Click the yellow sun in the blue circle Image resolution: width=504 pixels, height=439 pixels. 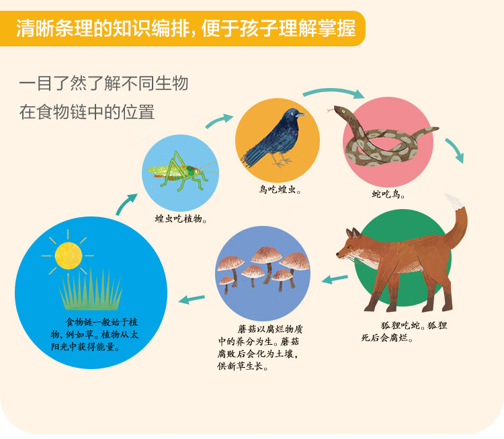click(x=68, y=255)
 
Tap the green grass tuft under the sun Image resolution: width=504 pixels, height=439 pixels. click(x=91, y=291)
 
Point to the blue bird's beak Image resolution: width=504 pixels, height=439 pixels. click(x=302, y=114)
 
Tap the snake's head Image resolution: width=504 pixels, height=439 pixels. click(x=340, y=111)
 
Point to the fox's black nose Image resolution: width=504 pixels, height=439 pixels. click(x=338, y=254)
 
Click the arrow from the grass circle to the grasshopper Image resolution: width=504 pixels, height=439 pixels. click(x=126, y=204)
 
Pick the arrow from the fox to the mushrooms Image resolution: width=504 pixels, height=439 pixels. click(x=335, y=279)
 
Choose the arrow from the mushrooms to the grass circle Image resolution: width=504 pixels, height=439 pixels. click(x=192, y=299)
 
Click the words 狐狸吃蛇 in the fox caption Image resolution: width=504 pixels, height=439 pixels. click(x=401, y=325)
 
